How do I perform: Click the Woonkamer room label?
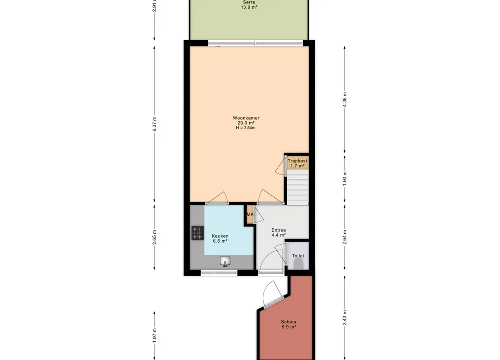pos(246,118)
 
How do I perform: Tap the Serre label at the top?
pos(249,2)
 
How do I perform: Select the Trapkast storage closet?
pos(297,163)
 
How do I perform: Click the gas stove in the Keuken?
pos(197,233)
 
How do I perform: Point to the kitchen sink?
pos(225,261)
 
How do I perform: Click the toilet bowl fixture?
pos(299,264)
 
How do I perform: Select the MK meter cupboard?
pos(250,214)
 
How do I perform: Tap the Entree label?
pos(279,230)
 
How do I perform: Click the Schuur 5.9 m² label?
pos(289,324)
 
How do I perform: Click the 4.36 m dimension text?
pos(345,100)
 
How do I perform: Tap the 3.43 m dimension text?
pos(345,318)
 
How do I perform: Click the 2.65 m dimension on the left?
pos(155,238)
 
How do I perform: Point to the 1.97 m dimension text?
pos(155,335)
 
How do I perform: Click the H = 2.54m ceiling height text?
pos(246,128)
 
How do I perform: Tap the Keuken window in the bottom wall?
pos(219,273)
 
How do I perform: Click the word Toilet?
pos(298,256)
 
